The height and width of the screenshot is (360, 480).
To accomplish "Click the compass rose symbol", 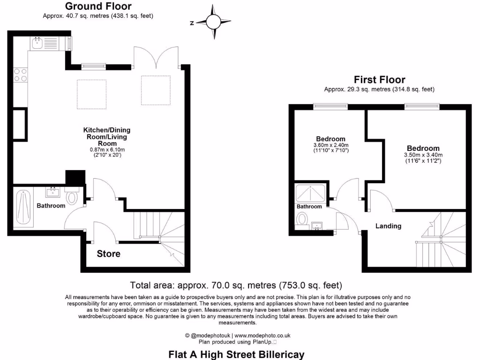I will [x=213, y=22].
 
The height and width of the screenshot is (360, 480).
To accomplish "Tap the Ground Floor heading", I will [x=98, y=7].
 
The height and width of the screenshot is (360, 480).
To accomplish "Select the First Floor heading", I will [x=379, y=80].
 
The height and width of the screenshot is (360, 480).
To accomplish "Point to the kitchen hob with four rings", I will [x=21, y=75].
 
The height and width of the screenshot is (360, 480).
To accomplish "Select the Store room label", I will [x=108, y=254].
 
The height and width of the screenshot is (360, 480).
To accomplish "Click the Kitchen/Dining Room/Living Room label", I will [x=107, y=136].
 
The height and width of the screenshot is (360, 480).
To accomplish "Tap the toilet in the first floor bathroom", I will [x=303, y=218].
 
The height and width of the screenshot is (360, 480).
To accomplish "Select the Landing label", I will [x=388, y=226].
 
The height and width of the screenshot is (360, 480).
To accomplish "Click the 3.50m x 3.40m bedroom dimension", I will [x=423, y=155].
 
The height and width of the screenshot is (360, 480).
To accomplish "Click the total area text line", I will [x=236, y=285].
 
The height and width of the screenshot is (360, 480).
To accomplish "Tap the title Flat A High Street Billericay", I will [x=236, y=354].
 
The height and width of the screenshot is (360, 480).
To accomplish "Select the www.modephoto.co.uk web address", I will [x=262, y=336].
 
